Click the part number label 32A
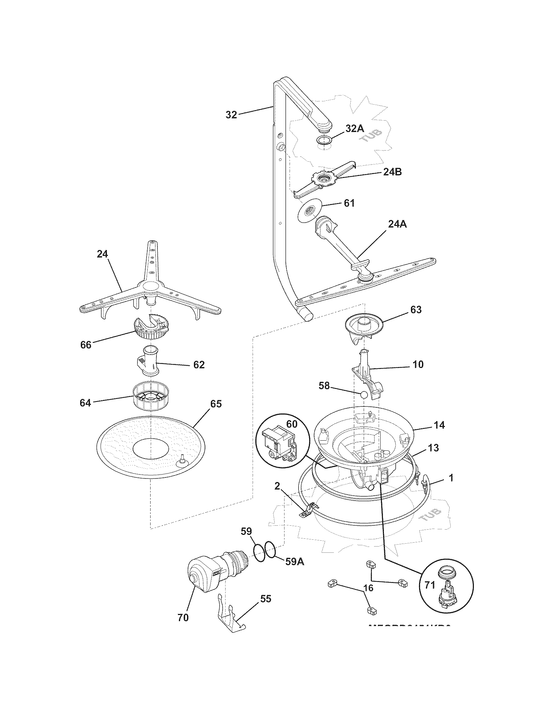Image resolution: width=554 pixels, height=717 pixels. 355,128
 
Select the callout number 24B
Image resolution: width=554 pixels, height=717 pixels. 392,172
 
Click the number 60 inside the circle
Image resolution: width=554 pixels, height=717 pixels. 292,424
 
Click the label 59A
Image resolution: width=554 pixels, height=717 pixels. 294,562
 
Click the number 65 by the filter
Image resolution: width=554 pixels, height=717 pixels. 216,404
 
